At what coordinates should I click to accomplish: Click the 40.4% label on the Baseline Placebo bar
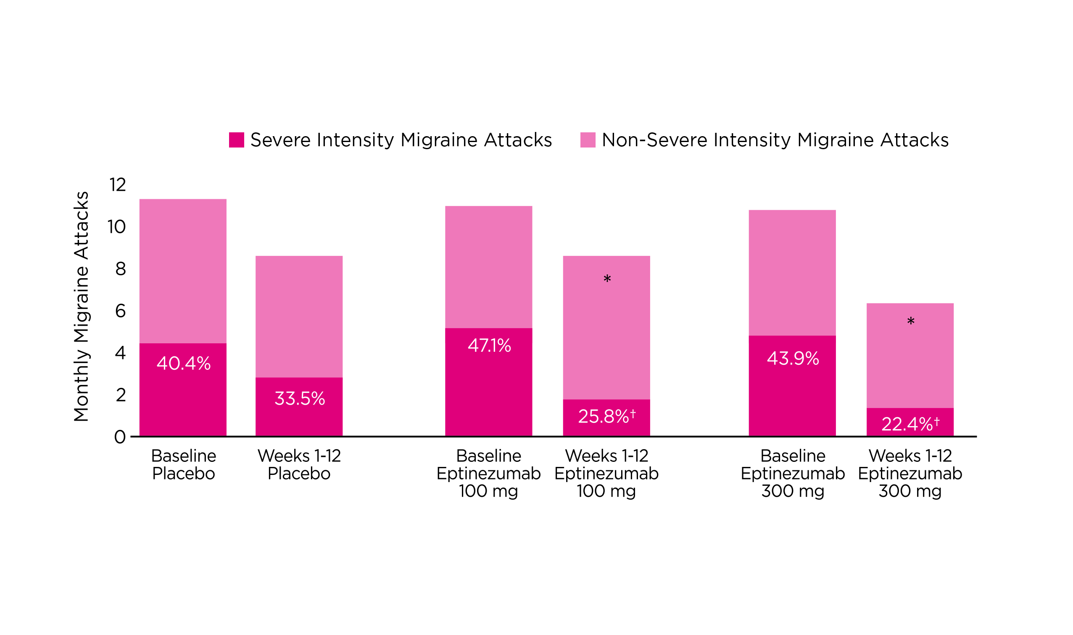[184, 364]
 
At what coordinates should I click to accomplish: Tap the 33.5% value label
[300, 399]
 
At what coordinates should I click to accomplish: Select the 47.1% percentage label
[489, 346]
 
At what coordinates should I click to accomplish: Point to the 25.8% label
[603, 416]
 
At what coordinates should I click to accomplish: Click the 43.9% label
[793, 358]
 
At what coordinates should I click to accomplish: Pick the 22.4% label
[907, 424]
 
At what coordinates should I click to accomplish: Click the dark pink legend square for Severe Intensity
[237, 140]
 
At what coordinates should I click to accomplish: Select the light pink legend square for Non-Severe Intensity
[588, 140]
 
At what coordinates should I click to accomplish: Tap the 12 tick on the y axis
[118, 185]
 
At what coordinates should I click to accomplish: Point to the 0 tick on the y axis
[120, 437]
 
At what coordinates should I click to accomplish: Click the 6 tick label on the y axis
[120, 311]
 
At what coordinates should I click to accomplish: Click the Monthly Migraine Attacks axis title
[81, 306]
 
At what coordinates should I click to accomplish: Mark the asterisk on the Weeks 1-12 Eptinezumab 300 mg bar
[911, 322]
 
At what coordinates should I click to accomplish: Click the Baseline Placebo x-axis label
[184, 465]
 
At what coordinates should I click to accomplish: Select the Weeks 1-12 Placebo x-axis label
[299, 465]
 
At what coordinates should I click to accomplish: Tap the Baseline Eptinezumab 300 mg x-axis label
[793, 473]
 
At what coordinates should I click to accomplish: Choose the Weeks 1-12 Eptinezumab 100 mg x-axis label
[606, 473]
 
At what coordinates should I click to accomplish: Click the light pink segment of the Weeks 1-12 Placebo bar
[299, 316]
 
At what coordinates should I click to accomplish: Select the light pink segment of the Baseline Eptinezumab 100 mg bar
[488, 267]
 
